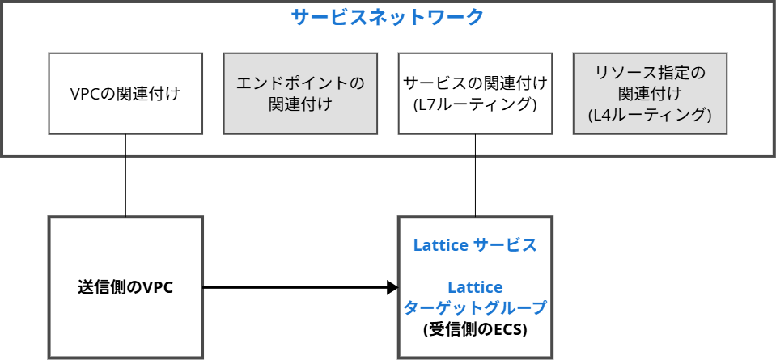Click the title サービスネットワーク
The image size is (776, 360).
coord(388,17)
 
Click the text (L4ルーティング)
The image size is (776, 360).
coord(650,115)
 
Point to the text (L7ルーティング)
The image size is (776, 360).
coord(475,104)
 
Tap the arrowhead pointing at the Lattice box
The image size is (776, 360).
coord(392,287)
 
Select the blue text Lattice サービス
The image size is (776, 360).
coord(475,245)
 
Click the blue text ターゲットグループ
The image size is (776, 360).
coord(475,308)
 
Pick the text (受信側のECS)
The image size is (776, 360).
coord(475,329)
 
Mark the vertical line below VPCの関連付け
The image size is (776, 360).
coord(125,175)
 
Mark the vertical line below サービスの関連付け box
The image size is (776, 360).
coord(475,175)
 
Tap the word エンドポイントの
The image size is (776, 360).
coord(300,83)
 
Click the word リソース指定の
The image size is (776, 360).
coord(650,73)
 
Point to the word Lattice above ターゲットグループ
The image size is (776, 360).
coord(475,287)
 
